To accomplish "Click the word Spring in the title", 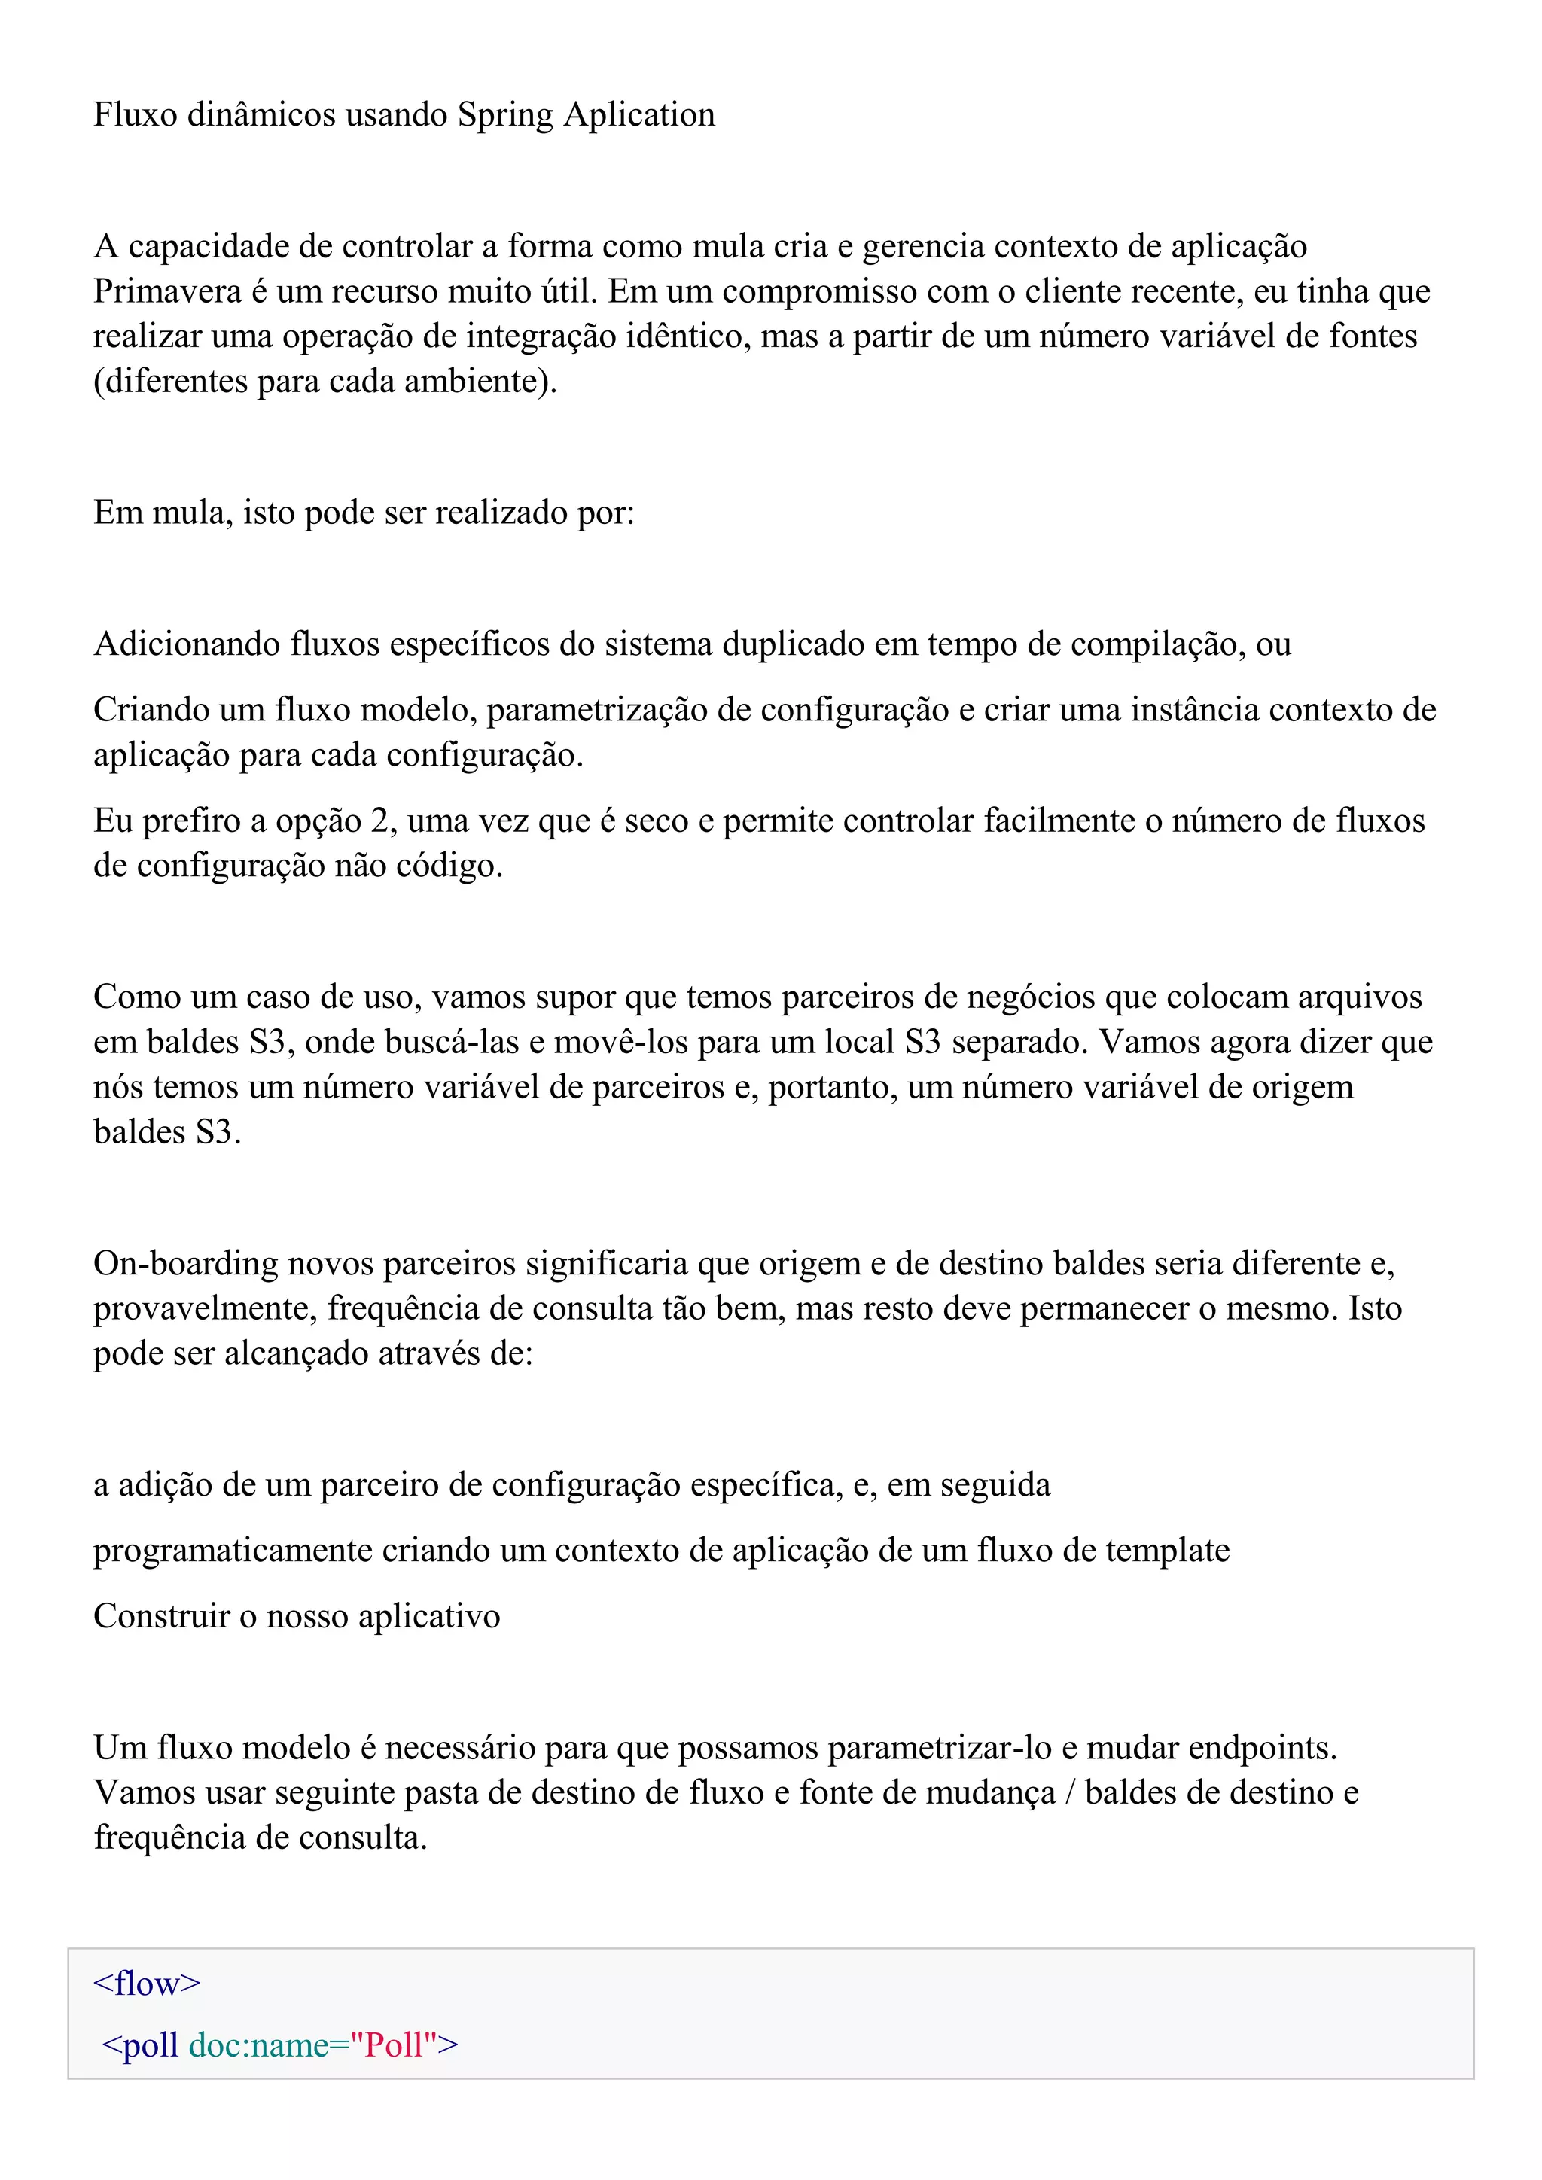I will (x=505, y=115).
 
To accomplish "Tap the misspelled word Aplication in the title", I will (x=639, y=115).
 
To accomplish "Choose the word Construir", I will (x=160, y=1616).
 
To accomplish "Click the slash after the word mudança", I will (x=1070, y=1792).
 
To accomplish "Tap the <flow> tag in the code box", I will (x=147, y=1984).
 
